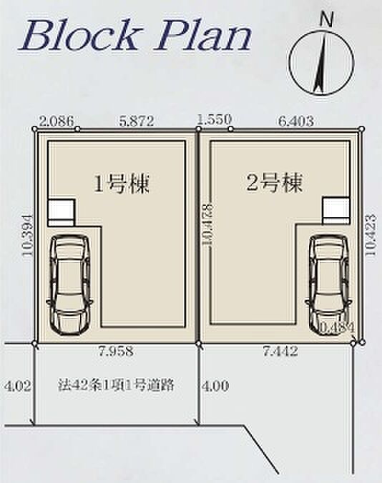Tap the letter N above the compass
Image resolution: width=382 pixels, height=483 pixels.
pyautogui.click(x=326, y=21)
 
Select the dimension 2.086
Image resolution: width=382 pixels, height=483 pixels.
pyautogui.click(x=57, y=121)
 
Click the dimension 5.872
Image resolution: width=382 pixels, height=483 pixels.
pyautogui.click(x=136, y=121)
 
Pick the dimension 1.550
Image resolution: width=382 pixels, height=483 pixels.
pyautogui.click(x=215, y=119)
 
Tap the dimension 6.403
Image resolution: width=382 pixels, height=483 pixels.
pyautogui.click(x=296, y=121)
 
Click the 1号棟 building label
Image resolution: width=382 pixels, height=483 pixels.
pyautogui.click(x=122, y=184)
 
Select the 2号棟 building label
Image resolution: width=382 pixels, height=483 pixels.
pyautogui.click(x=275, y=183)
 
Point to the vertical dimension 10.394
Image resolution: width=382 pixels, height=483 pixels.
pyautogui.click(x=29, y=235)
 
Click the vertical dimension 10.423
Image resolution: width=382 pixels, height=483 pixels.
pyautogui.click(x=371, y=235)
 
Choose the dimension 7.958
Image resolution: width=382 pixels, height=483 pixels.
pyautogui.click(x=116, y=351)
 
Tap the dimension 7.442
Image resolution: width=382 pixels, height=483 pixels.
pyautogui.click(x=280, y=351)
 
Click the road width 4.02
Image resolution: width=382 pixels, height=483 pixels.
pyautogui.click(x=18, y=385)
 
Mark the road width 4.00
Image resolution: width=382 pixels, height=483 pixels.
pyautogui.click(x=215, y=385)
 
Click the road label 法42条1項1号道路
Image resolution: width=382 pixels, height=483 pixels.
pyautogui.click(x=116, y=384)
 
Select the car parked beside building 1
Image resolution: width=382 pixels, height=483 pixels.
pyautogui.click(x=69, y=284)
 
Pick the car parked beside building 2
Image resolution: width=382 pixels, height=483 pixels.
pyautogui.click(x=329, y=284)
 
